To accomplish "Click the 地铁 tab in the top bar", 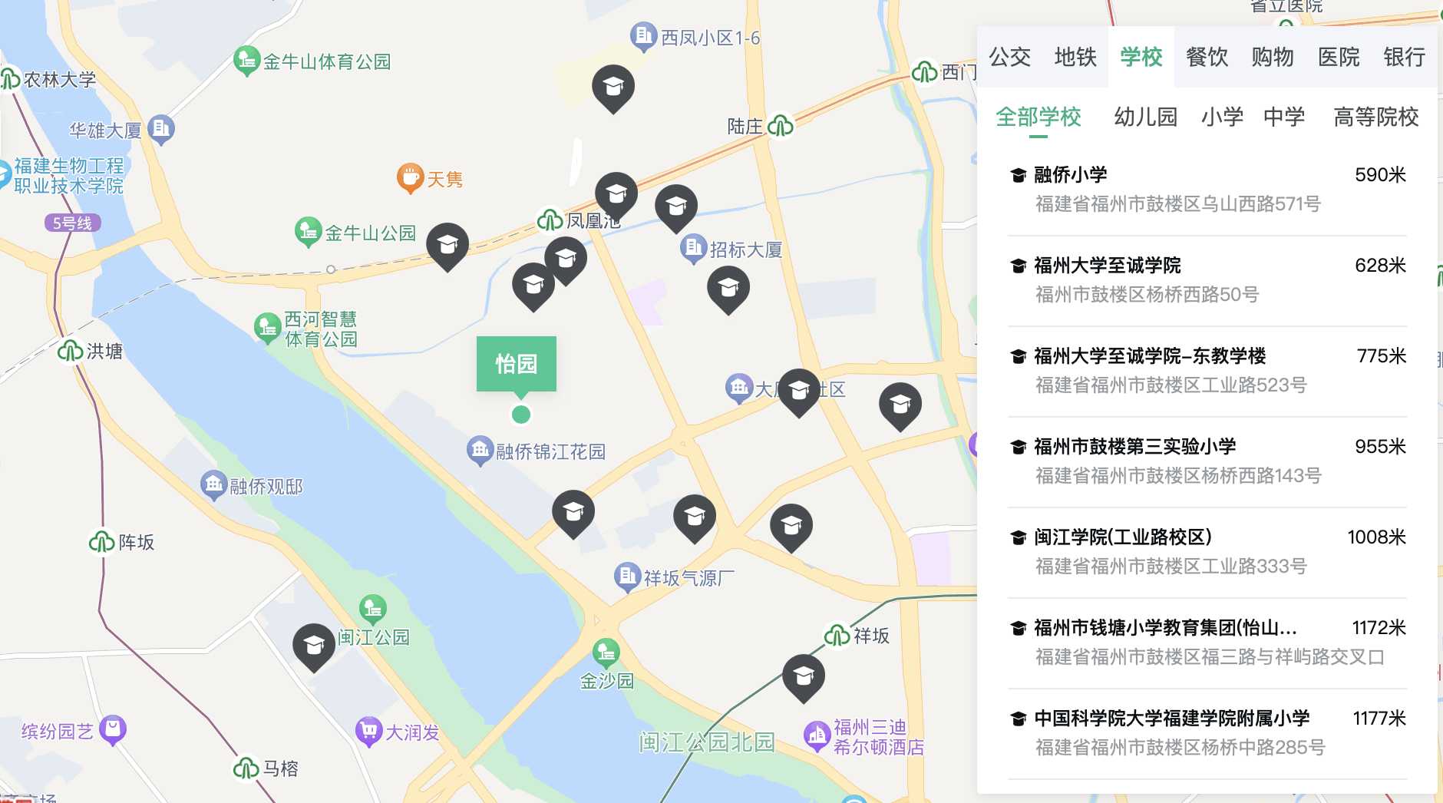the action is click(x=1075, y=57).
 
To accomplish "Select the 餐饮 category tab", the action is click(x=1207, y=57).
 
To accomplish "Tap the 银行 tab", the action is click(x=1404, y=57).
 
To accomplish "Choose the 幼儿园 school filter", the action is click(x=1145, y=117).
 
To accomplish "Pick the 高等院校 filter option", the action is click(x=1375, y=117).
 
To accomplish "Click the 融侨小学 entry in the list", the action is click(x=1070, y=175).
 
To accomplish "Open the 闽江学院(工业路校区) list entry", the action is click(x=1122, y=537).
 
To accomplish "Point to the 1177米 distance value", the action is click(x=1379, y=719).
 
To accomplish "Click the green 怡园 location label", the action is click(x=516, y=364).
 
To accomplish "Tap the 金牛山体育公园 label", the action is click(x=326, y=61).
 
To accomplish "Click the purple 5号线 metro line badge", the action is click(x=72, y=223).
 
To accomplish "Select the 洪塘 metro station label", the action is click(x=104, y=352).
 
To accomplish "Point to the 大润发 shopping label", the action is click(x=412, y=732).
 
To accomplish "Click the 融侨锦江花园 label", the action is click(x=550, y=451).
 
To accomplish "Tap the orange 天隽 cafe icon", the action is click(x=411, y=177).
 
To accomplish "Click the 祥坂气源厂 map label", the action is click(x=688, y=578).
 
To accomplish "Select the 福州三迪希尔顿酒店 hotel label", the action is click(x=878, y=737).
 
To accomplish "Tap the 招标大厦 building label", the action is click(x=745, y=249).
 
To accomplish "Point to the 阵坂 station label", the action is click(x=136, y=543).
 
